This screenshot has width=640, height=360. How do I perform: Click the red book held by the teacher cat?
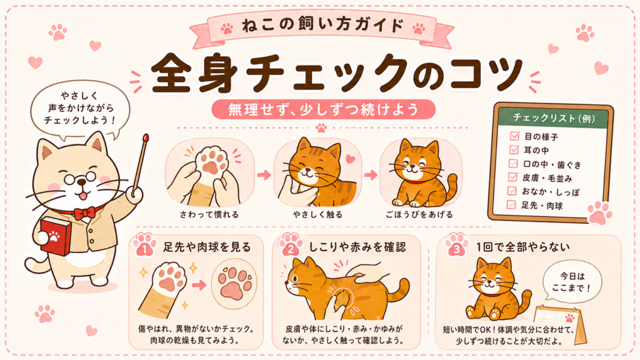(56, 236)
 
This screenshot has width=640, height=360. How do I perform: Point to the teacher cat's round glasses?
(81, 178)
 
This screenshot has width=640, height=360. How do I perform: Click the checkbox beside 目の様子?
(514, 136)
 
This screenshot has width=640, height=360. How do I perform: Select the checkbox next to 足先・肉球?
(511, 204)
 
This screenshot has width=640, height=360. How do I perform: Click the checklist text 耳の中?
(536, 151)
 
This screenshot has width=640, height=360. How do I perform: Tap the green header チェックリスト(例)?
(554, 118)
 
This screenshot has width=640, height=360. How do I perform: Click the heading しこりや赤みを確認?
(357, 247)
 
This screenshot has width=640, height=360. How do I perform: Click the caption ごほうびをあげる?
(419, 215)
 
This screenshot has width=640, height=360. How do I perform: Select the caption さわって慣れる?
(209, 215)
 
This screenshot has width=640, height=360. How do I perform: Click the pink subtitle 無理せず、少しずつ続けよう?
(323, 109)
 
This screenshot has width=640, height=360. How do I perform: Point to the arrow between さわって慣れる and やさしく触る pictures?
(264, 175)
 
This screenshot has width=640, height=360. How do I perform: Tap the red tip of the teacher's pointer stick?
(146, 138)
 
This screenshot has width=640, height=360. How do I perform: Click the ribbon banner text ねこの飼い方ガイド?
(322, 25)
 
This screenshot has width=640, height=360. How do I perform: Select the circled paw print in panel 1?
(234, 283)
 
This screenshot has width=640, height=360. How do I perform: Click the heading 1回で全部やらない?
(523, 247)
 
